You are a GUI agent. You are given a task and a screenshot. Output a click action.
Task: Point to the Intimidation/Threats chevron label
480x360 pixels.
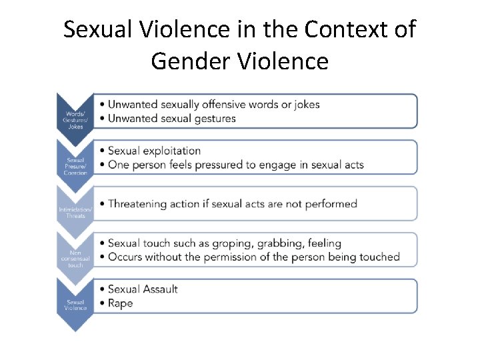pyautogui.click(x=75, y=213)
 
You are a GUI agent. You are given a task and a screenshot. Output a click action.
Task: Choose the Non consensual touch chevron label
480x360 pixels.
pyautogui.click(x=75, y=259)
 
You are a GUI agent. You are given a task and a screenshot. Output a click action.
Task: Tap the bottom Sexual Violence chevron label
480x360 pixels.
pyautogui.click(x=75, y=305)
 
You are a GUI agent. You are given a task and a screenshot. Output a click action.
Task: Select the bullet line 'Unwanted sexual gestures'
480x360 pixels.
pyautogui.click(x=172, y=119)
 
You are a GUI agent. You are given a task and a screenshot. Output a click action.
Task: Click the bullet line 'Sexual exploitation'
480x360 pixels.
pyautogui.click(x=154, y=151)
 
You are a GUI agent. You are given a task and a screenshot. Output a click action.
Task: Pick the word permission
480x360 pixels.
pyautogui.click(x=250, y=257)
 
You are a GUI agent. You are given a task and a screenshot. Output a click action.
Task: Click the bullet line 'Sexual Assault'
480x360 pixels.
pyautogui.click(x=143, y=289)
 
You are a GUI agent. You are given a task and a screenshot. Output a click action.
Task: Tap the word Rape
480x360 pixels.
pyautogui.click(x=121, y=303)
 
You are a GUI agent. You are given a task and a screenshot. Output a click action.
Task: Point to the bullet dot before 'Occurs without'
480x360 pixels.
pyautogui.click(x=101, y=257)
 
